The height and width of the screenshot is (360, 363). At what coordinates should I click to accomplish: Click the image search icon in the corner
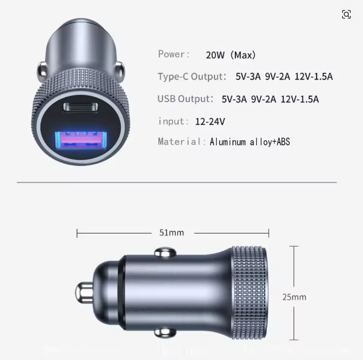346,14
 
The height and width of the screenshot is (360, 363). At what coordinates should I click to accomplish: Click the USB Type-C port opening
81,107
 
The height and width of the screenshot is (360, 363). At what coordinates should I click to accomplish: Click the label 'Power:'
173,54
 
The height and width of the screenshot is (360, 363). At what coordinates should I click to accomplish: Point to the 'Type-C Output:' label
192,77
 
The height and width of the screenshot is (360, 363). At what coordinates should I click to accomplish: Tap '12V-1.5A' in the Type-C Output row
313,77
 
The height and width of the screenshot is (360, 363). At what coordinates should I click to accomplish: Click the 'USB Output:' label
185,99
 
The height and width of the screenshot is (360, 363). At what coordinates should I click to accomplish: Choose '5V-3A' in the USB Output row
234,99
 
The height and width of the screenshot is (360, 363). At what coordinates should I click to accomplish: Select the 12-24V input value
210,121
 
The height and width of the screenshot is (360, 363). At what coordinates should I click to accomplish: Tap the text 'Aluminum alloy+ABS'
250,142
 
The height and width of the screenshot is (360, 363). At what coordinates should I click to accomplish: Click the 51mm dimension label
171,232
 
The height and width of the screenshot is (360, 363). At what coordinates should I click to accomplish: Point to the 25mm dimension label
294,297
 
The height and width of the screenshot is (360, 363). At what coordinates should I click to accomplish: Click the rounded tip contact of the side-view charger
84,293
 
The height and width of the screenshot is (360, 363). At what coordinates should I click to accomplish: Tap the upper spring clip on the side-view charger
162,253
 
